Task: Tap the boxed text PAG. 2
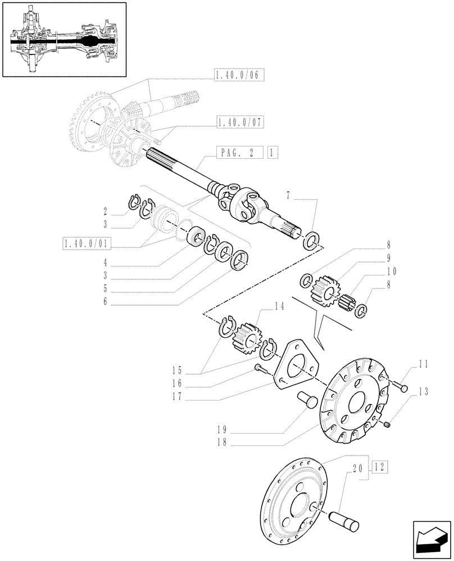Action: coord(239,152)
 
